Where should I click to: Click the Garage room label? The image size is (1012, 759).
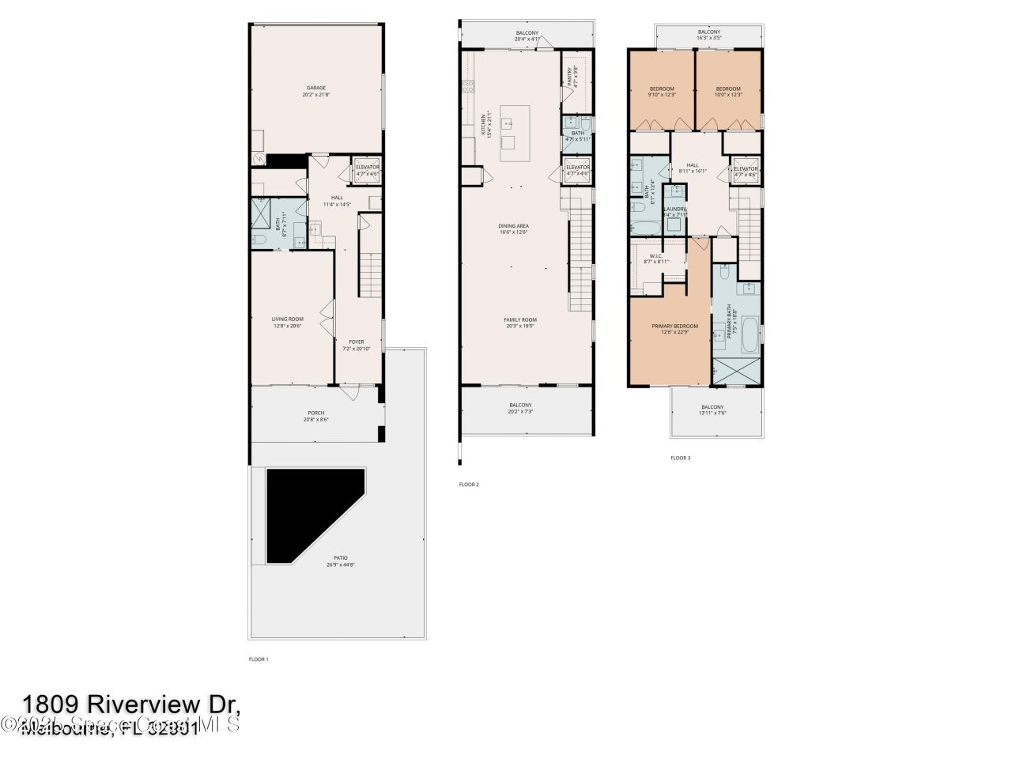coord(315,91)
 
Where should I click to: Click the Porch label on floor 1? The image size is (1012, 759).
coord(315,416)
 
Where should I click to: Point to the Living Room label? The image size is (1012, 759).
coord(288,323)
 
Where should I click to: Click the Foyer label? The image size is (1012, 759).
coord(357,346)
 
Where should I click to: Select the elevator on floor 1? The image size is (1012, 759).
coord(367,172)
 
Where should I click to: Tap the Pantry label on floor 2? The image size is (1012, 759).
coord(571,76)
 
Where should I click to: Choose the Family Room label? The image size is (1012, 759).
coord(519,323)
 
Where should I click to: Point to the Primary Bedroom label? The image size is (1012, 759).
coord(674,329)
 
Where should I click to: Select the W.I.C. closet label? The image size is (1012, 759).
coord(655,259)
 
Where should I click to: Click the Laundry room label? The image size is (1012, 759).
coord(674,211)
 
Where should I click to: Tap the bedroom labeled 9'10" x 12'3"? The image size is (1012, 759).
coord(662,92)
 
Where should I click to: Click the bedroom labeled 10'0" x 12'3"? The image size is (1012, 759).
coord(727,92)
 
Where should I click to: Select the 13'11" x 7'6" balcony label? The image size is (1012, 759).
coord(712,410)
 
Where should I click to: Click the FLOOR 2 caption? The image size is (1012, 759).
coord(469,484)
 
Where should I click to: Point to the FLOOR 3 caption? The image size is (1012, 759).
coord(680,458)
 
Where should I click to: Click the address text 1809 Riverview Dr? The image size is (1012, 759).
coord(130,704)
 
